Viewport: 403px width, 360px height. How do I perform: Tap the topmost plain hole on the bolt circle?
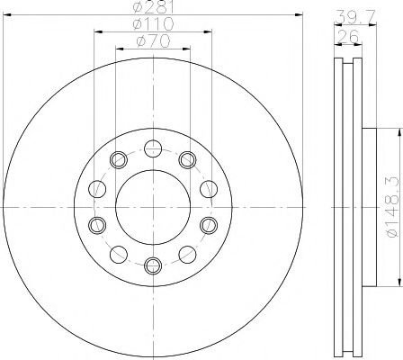point(152,148)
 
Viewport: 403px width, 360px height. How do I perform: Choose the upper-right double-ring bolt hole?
point(187,160)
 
